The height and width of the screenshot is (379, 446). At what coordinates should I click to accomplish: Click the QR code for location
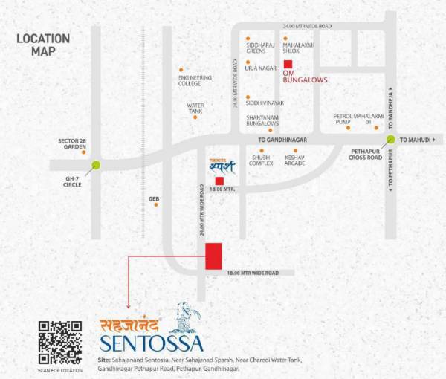[59, 341]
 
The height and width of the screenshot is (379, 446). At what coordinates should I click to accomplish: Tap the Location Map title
[43, 45]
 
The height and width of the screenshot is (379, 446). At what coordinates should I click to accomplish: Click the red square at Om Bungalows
[288, 64]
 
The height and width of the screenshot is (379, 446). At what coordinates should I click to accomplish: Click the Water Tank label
[195, 108]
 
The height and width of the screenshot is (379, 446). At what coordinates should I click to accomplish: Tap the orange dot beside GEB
[156, 204]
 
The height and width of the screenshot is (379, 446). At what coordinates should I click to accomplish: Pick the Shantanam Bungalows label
[262, 120]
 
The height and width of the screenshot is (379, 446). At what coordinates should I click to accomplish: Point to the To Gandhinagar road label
[282, 139]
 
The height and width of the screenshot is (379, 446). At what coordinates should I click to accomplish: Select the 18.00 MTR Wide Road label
[253, 273]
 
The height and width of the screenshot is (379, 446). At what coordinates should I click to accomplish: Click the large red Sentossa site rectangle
[214, 256]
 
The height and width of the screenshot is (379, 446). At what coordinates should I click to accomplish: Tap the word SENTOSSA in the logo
[152, 343]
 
